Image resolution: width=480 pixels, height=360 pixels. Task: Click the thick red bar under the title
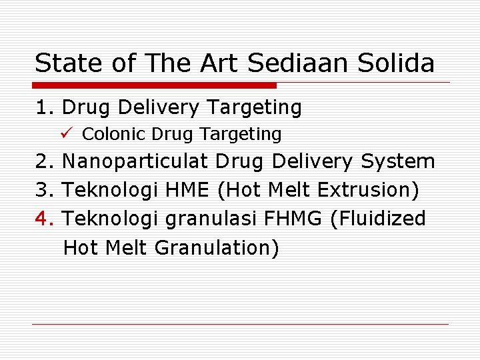click(155, 85)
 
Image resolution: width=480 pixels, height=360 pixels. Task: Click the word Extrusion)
click(369, 190)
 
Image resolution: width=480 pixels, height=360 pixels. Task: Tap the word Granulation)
click(217, 247)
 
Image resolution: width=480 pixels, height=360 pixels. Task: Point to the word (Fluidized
click(378, 219)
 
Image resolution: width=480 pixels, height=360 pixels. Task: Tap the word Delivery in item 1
click(157, 107)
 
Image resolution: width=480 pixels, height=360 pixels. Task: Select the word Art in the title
click(220, 63)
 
